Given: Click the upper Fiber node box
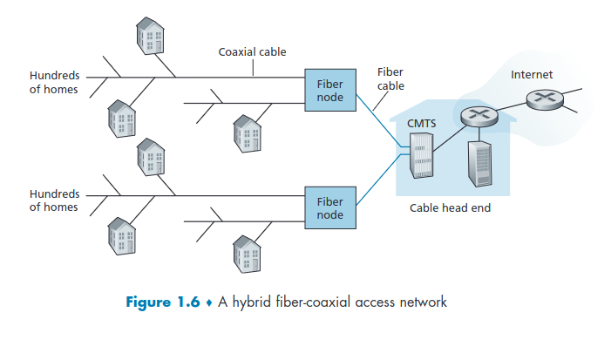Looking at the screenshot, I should (x=330, y=91).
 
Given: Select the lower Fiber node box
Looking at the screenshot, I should (x=330, y=207).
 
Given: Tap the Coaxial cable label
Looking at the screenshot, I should (x=252, y=52).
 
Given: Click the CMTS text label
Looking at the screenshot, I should (x=422, y=124).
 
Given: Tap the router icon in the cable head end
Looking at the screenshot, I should (x=477, y=114).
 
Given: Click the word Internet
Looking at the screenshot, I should (x=532, y=75).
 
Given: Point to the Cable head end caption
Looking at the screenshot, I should (x=450, y=209).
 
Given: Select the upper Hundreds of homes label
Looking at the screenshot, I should (x=54, y=83).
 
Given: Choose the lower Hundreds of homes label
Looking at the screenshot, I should (x=54, y=200).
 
